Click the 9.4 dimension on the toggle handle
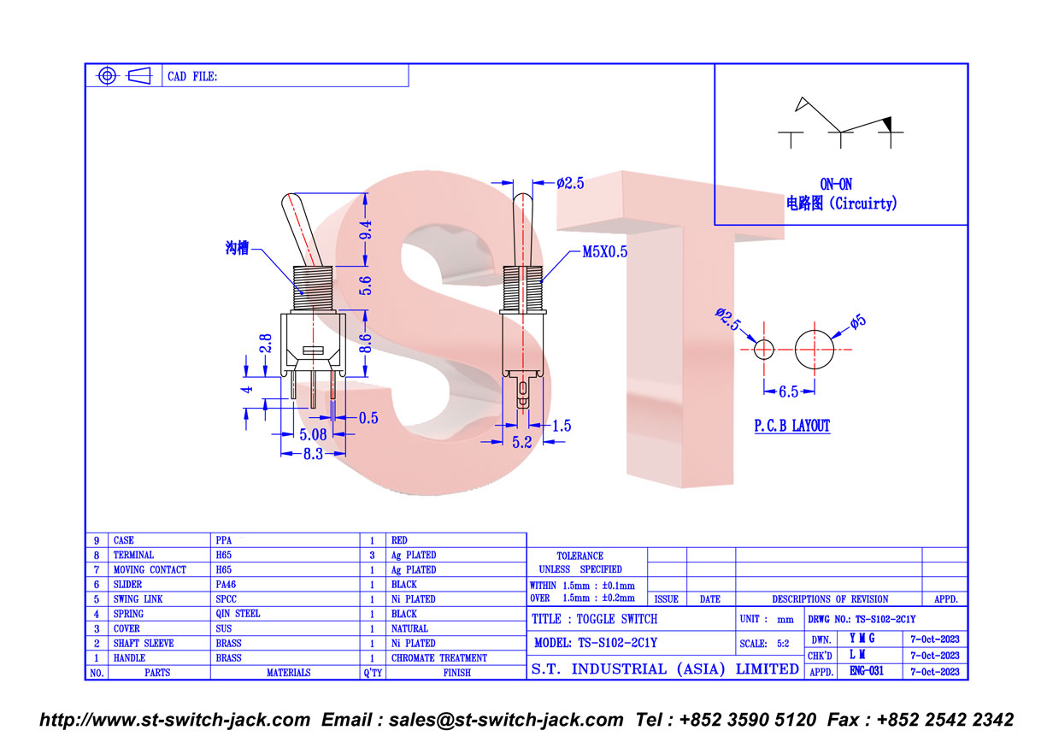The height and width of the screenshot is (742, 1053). (x=366, y=230)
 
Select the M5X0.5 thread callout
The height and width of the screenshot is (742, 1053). (x=605, y=252)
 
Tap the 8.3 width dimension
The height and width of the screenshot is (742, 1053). (x=313, y=454)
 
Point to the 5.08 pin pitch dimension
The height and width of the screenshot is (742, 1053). (x=313, y=434)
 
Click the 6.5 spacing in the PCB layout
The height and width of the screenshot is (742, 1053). (x=788, y=392)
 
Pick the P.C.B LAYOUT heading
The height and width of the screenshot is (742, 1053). (x=792, y=426)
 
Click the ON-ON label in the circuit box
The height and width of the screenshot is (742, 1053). (x=836, y=185)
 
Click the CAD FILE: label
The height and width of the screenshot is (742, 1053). (x=192, y=77)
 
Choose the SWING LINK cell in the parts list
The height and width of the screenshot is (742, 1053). (x=138, y=599)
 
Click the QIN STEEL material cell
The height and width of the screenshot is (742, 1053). (x=238, y=614)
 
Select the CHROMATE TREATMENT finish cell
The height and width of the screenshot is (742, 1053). (x=439, y=658)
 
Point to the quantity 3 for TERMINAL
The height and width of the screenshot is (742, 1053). (x=373, y=556)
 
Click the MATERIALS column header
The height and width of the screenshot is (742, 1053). (x=289, y=673)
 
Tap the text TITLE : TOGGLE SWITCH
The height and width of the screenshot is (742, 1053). (x=595, y=619)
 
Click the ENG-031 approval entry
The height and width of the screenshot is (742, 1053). (x=867, y=671)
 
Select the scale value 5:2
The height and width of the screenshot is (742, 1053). (x=783, y=644)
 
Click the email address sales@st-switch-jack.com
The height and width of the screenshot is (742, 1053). (x=506, y=721)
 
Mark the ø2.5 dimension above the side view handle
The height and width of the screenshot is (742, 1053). (x=570, y=183)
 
